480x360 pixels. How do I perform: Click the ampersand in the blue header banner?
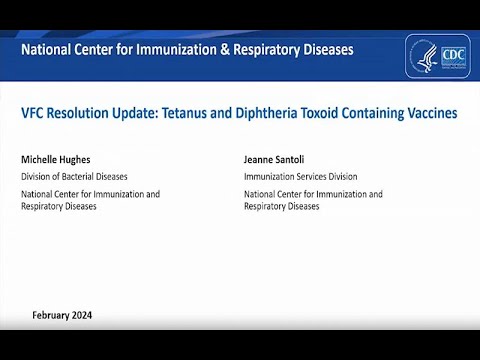(228, 48)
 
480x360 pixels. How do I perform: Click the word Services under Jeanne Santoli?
(310, 177)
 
